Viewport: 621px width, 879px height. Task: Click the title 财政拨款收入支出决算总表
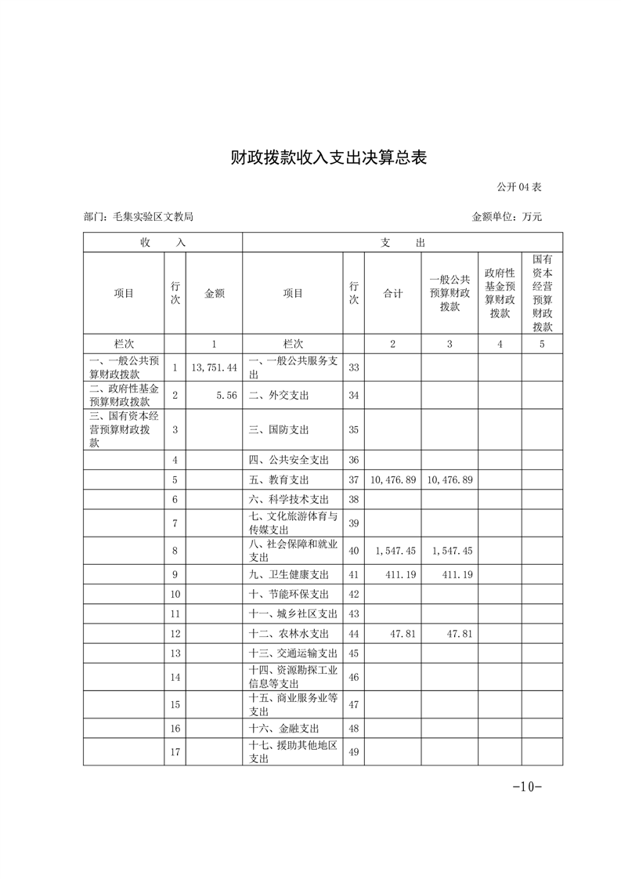(328, 157)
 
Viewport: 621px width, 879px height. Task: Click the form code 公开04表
(518, 187)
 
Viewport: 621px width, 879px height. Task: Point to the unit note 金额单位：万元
(507, 217)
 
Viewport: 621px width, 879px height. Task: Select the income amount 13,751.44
(214, 367)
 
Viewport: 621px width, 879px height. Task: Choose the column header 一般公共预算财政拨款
(450, 293)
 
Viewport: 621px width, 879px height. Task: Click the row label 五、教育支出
(279, 479)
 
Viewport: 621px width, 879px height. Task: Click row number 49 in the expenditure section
(353, 752)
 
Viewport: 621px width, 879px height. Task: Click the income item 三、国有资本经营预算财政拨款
(124, 429)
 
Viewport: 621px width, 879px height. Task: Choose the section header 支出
(403, 243)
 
